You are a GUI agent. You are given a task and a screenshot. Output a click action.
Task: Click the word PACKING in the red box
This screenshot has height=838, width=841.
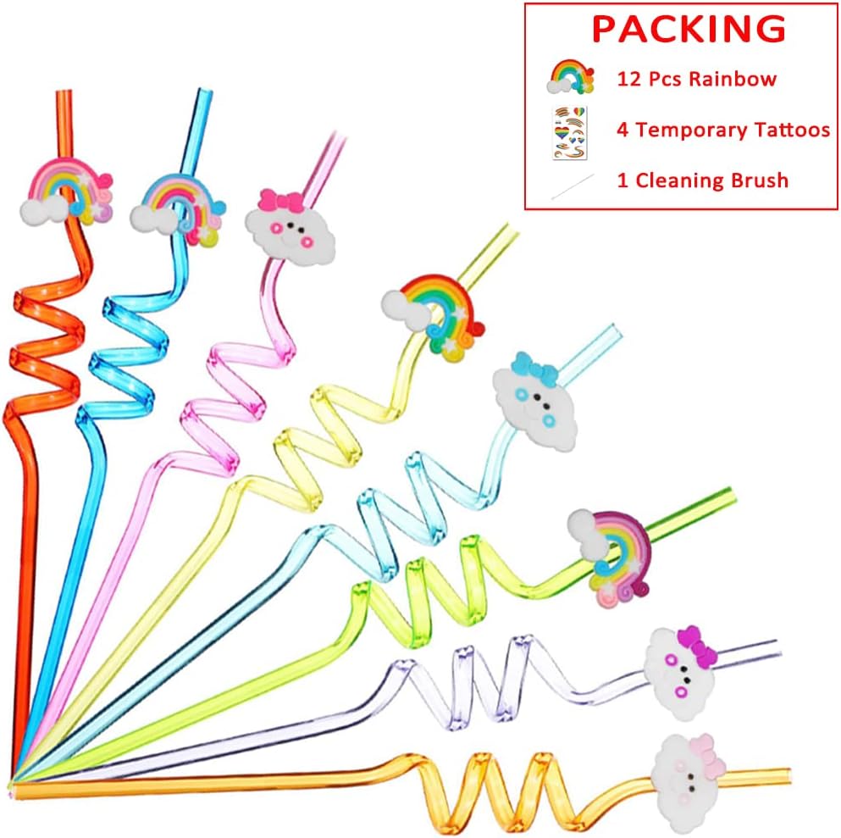[x=688, y=29]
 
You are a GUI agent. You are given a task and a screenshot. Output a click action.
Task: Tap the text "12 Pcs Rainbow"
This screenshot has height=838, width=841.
[x=695, y=80]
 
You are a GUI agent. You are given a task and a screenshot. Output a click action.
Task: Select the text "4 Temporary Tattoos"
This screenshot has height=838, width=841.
[x=722, y=130]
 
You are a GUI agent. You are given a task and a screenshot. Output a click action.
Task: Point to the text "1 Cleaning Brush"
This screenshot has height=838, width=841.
[x=702, y=180]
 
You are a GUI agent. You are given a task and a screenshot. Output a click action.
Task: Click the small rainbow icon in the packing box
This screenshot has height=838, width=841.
[x=572, y=78]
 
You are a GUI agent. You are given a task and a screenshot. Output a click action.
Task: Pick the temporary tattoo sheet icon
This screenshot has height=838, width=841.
[x=569, y=132]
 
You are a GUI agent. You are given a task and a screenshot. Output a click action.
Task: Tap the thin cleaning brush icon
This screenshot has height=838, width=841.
[x=572, y=186]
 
